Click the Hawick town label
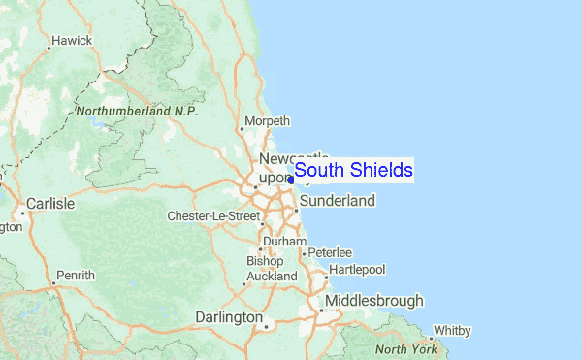pyautogui.click(x=72, y=41)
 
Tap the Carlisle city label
pyautogui.click(x=51, y=205)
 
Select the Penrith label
pyautogui.click(x=76, y=276)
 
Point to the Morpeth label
pyautogui.click(x=270, y=121)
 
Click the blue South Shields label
pyautogui.click(x=354, y=171)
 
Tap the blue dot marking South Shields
pyautogui.click(x=291, y=180)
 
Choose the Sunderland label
pyautogui.click(x=337, y=201)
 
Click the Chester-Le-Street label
pyautogui.click(x=213, y=215)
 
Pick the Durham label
pyautogui.click(x=285, y=242)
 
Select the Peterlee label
pyautogui.click(x=331, y=252)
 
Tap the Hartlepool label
pyautogui.click(x=357, y=268)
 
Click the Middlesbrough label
pyautogui.click(x=374, y=301)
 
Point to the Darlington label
pyautogui.click(x=229, y=317)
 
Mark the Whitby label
pyautogui.click(x=451, y=330)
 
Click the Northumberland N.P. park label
pyautogui.click(x=137, y=112)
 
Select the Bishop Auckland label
pyautogui.click(x=272, y=269)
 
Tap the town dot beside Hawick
pyautogui.click(x=51, y=42)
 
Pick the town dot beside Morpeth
pyautogui.click(x=247, y=122)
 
